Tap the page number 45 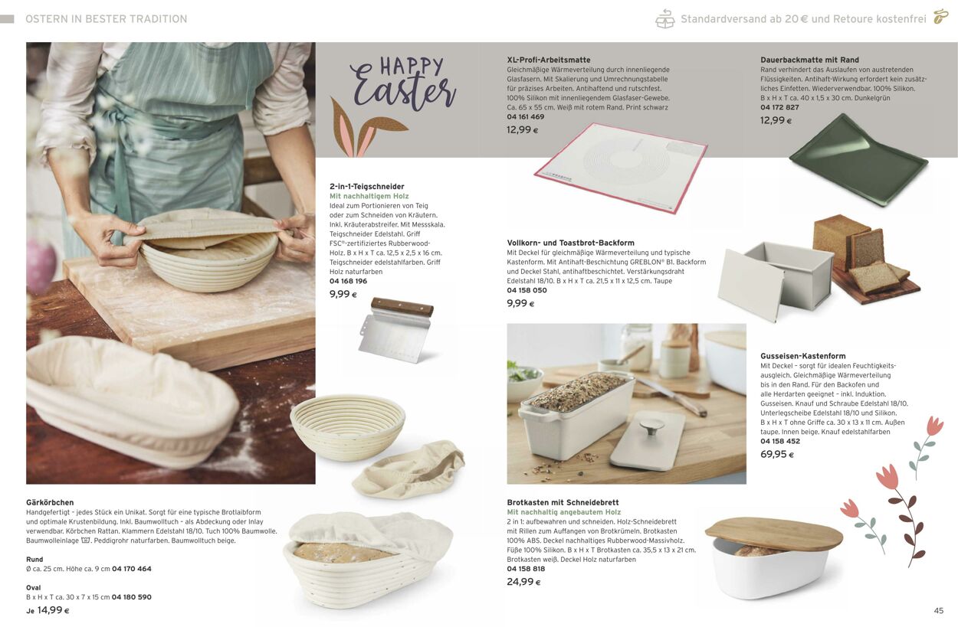click(938, 611)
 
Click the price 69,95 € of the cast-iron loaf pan click(776, 455)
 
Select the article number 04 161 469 click(525, 117)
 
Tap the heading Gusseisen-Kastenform click(802, 356)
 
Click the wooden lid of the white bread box click(773, 534)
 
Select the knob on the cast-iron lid click(651, 426)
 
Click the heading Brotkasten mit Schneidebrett click(563, 503)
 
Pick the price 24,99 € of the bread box click(523, 582)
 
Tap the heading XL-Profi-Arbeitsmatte click(548, 60)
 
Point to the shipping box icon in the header click(664, 19)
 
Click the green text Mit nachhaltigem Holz click(369, 197)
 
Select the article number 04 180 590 click(131, 597)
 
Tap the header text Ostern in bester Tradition click(106, 19)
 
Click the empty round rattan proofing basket click(348, 427)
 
